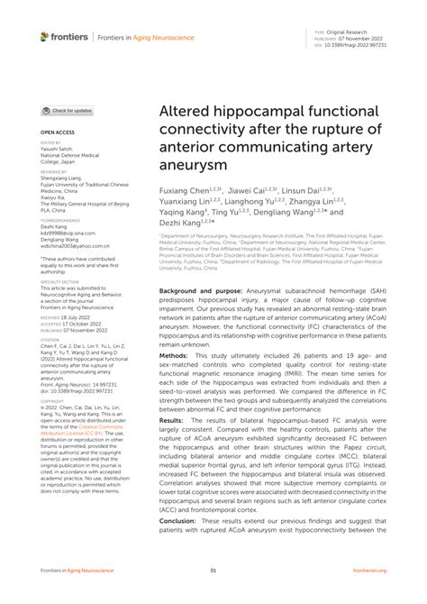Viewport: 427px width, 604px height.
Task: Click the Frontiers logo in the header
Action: pyautogui.click(x=64, y=37)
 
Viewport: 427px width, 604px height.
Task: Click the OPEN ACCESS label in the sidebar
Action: pyautogui.click(x=58, y=132)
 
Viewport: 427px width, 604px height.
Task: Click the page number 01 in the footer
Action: pyautogui.click(x=213, y=570)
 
